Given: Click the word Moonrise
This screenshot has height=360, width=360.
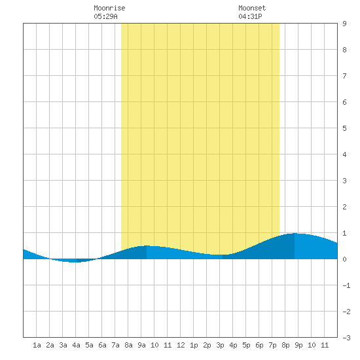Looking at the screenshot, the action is coord(109,8).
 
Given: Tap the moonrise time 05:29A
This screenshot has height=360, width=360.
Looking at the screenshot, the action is coord(105,16).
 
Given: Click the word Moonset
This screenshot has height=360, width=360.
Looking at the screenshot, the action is coord(252,8).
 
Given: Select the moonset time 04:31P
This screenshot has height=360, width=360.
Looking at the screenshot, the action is coord(250,16).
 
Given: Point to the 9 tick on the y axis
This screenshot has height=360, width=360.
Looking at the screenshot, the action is coord(344,24).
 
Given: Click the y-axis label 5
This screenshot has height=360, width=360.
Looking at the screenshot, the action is coord(344,128).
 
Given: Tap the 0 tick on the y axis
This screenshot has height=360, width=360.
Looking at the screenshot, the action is coord(344,259).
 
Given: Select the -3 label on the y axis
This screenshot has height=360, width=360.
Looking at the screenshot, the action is coord(346,338).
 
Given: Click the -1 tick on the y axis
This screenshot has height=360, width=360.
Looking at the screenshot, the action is coord(346,285).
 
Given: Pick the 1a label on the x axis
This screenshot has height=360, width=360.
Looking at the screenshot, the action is coord(37,345).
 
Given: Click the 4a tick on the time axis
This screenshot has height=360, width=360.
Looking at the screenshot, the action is coord(76,345).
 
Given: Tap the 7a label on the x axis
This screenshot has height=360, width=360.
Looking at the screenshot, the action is coord(115,345).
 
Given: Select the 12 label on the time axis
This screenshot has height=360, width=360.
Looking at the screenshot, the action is coord(181,345).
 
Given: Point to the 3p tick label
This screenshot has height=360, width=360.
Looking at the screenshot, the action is coord(220,345).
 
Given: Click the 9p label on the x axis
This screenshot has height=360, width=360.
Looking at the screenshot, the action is coord(298,345).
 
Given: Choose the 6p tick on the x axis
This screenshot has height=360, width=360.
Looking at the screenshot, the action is coord(259,345).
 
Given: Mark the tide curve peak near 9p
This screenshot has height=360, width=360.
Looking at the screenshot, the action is coord(295,233).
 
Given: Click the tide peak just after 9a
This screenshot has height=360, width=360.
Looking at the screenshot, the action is coord(147,245).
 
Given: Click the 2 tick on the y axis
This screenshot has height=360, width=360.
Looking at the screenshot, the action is coord(344,207).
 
